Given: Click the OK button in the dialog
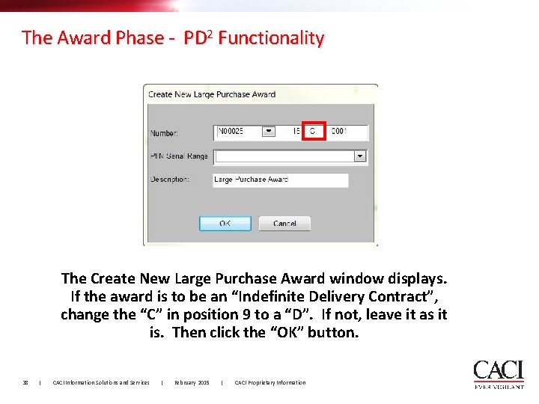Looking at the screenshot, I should tap(225, 223).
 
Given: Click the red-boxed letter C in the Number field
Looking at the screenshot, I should tap(313, 132).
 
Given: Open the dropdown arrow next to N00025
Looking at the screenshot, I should tap(269, 132).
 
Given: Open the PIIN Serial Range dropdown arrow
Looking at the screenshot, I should tap(360, 156).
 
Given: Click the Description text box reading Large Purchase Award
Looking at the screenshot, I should tap(281, 180).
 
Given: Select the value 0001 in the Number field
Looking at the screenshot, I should tap(338, 132).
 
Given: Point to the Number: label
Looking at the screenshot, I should tap(164, 133).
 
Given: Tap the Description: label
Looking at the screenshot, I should tap(169, 180).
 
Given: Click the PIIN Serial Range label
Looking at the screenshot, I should tap(179, 156).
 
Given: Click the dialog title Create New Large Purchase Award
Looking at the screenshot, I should tap(212, 94).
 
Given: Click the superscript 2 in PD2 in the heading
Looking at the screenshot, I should tap(212, 33).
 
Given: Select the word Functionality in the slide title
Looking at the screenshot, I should tap(272, 37).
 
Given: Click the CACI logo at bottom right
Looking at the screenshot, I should tap(498, 373).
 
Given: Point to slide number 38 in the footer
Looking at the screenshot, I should tap(25, 382).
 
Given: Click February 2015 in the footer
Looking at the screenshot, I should tap(192, 382).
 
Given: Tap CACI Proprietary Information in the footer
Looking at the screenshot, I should tap(270, 382).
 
